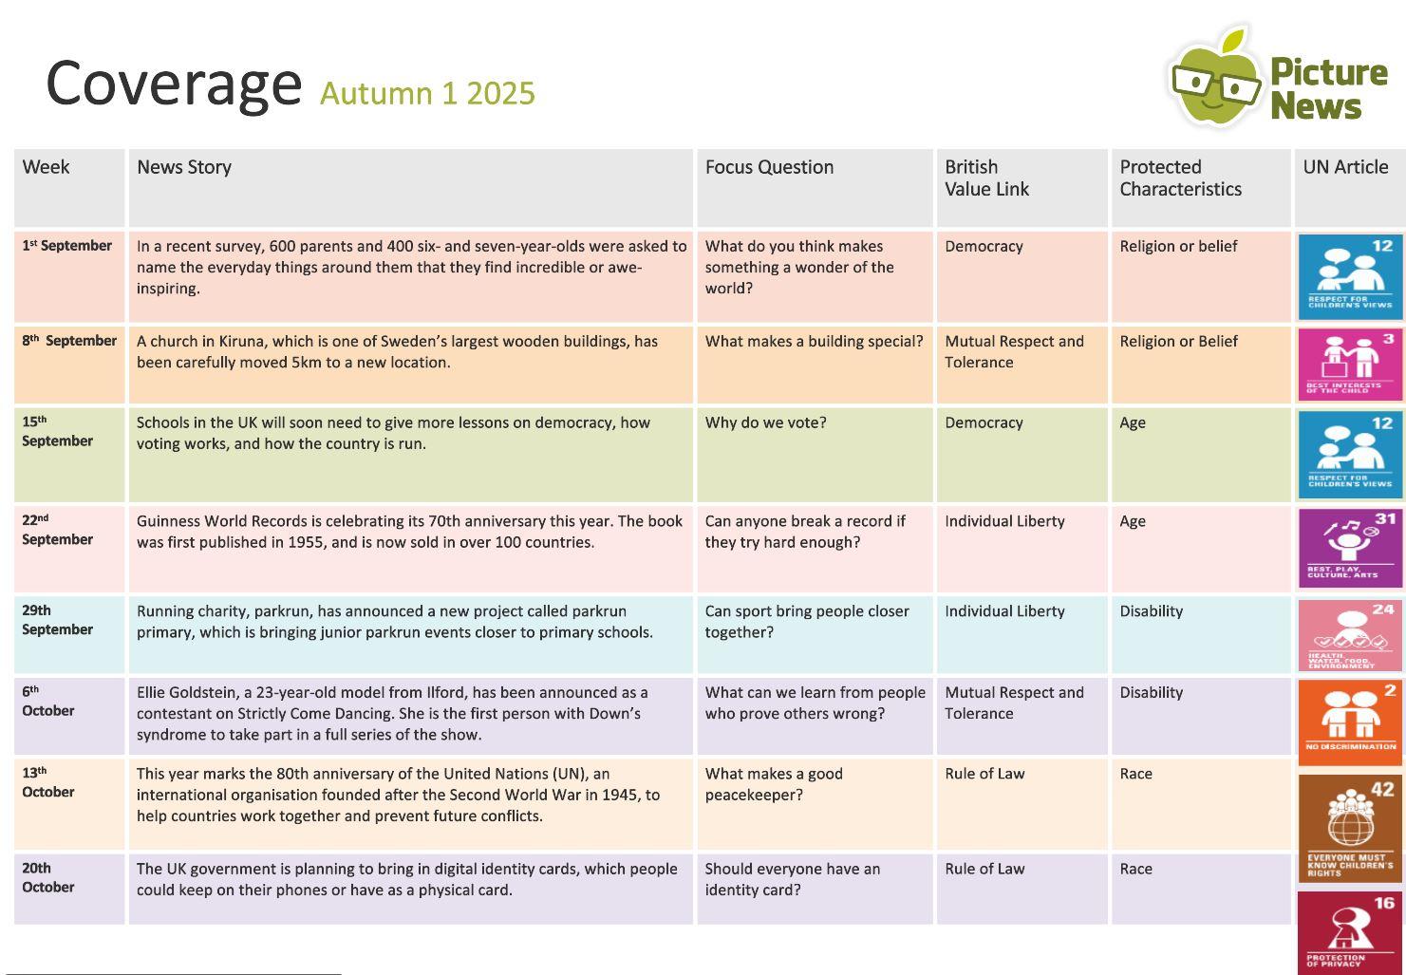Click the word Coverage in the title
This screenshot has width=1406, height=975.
click(174, 84)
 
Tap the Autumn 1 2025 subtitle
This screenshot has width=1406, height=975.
click(427, 94)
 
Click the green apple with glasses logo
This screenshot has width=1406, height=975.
click(1216, 78)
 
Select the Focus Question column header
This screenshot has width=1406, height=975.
click(769, 167)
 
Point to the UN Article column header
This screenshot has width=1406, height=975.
click(1345, 167)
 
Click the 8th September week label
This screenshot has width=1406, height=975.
click(69, 340)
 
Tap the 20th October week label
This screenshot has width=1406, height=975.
click(48, 877)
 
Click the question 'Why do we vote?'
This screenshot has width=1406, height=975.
click(765, 422)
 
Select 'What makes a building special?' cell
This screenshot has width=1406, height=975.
click(815, 341)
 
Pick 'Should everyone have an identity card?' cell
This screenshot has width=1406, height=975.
click(792, 879)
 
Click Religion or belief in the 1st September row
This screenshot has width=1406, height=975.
click(1178, 246)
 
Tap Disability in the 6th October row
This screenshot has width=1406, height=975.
click(1152, 692)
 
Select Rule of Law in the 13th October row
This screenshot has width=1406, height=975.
click(984, 774)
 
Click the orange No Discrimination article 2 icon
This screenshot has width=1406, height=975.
click(1350, 722)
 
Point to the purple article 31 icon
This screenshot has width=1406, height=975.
click(1350, 548)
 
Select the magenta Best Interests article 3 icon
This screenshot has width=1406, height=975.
click(1350, 365)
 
